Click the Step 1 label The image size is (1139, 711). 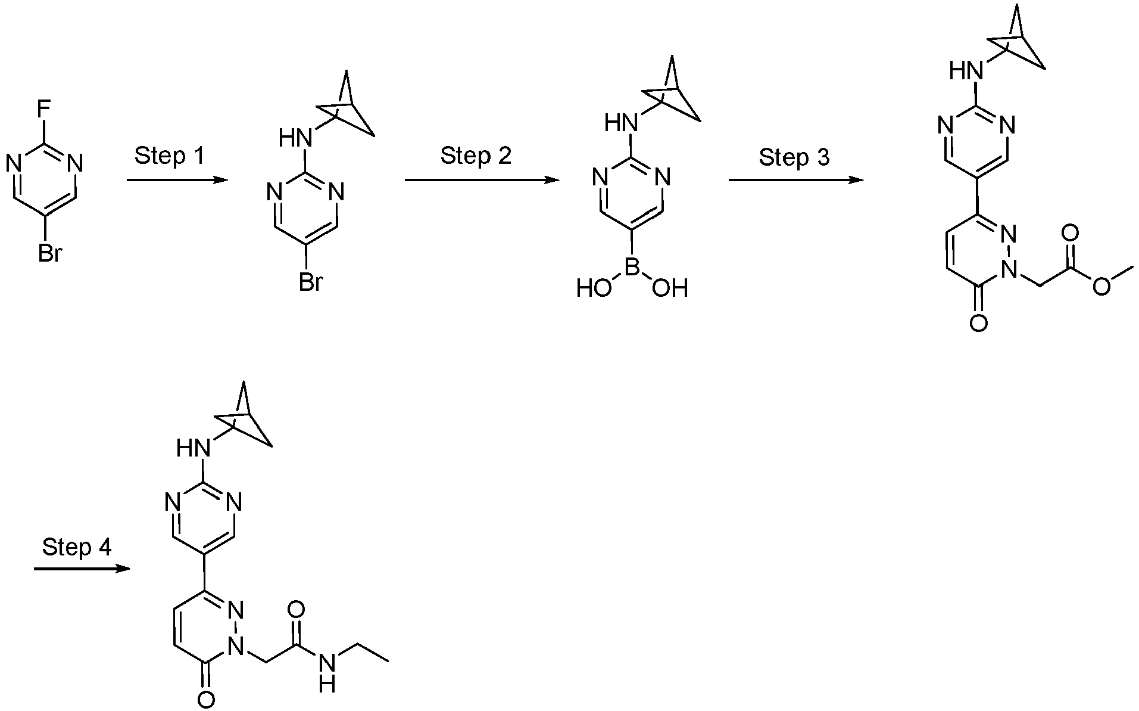pos(169,156)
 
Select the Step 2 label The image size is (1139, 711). pos(476,156)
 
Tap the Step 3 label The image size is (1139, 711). pos(794,158)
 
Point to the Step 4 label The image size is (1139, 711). pos(77,547)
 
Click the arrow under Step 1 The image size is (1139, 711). pos(177,179)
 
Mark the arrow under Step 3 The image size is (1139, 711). pos(796,179)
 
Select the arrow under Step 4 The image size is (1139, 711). pos(82,569)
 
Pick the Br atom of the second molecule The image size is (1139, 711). pos(310,282)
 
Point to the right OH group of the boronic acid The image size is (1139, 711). pos(670,289)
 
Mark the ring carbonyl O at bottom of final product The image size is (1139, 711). pos(205,700)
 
